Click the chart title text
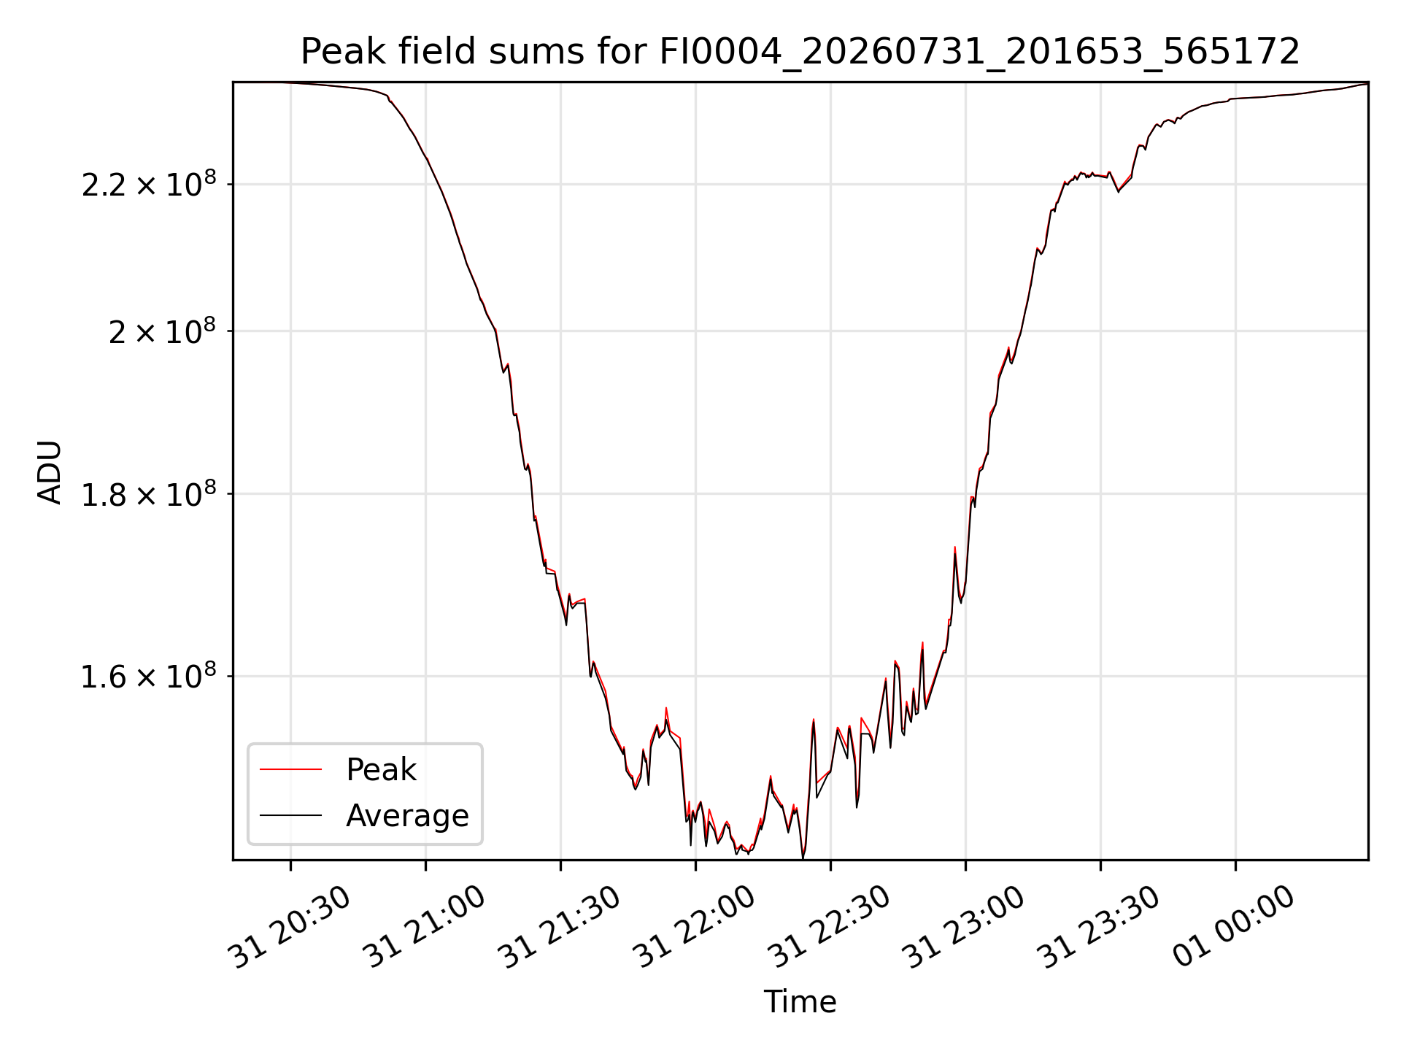(x=800, y=52)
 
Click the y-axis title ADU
(x=50, y=471)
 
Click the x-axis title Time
(x=800, y=1002)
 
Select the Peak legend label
(x=381, y=770)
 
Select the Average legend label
(x=407, y=815)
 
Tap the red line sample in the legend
(x=290, y=769)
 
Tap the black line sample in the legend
(x=290, y=815)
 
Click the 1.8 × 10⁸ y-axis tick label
(x=149, y=493)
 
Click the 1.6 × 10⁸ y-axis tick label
(x=149, y=675)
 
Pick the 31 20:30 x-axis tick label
(x=290, y=928)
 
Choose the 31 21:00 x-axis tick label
(x=425, y=928)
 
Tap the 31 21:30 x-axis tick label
(x=560, y=928)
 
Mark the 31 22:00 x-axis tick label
(x=695, y=928)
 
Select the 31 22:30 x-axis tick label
(x=830, y=928)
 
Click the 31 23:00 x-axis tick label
(x=965, y=928)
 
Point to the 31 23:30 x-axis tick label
(x=1100, y=928)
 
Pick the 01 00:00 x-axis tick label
(x=1235, y=928)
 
